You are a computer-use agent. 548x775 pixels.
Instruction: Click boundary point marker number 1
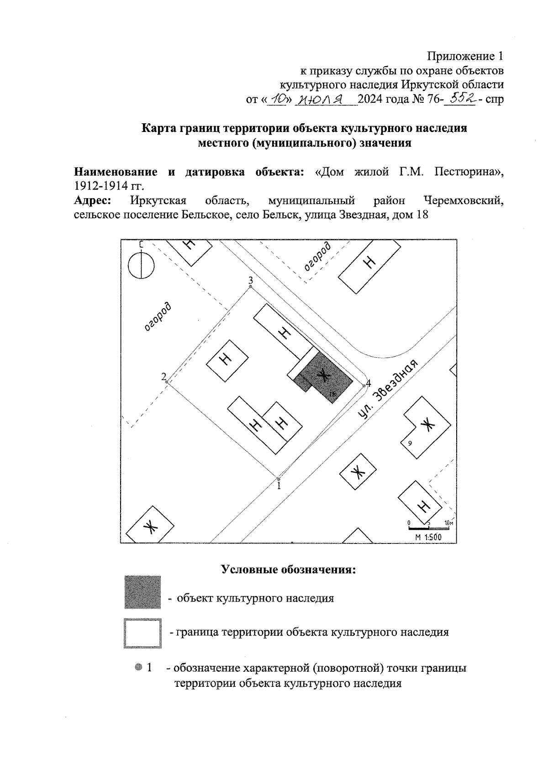[279, 479]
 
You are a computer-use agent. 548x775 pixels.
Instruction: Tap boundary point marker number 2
[167, 382]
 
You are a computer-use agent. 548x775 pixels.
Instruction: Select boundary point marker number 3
[250, 286]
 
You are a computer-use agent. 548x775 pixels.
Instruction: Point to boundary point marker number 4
[364, 386]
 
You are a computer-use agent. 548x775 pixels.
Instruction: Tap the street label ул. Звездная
[388, 390]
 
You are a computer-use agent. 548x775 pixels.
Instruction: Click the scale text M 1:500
[428, 538]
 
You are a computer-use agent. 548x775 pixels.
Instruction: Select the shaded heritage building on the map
[324, 377]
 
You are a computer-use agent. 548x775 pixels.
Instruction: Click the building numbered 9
[425, 428]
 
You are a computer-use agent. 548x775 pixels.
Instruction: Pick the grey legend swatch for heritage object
[142, 592]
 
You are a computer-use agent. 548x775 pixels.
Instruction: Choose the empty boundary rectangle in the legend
[142, 633]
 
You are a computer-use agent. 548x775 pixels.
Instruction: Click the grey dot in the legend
[138, 667]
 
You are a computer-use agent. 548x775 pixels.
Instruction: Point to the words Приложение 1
[465, 56]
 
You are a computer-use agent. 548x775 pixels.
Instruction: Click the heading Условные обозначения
[288, 569]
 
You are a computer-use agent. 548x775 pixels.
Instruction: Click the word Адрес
[93, 200]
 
